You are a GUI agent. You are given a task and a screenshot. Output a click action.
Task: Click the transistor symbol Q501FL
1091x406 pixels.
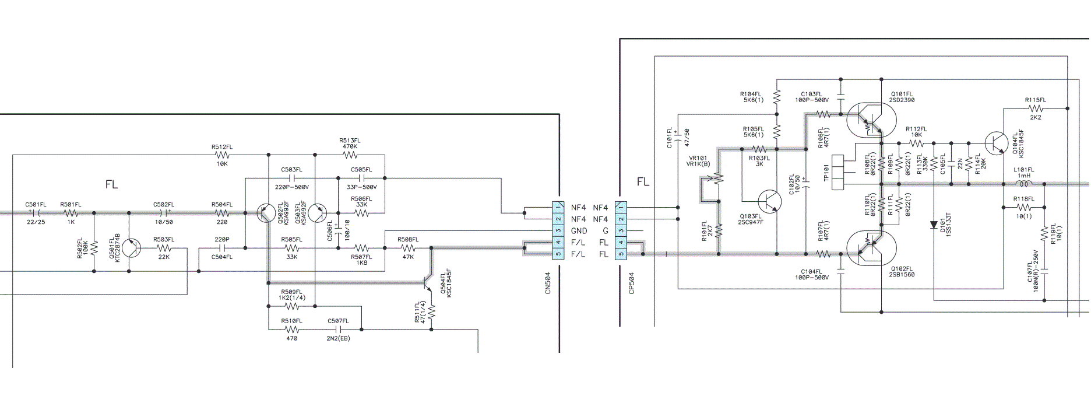132,248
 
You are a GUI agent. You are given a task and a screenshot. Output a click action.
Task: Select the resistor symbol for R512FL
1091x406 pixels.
222,155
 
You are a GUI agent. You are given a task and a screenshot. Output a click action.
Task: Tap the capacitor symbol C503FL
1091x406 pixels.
292,178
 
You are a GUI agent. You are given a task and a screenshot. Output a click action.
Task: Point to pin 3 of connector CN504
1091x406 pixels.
558,230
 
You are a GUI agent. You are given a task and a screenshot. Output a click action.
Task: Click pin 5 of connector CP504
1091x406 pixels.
621,254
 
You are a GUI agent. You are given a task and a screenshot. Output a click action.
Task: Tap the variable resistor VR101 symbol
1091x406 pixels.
718,178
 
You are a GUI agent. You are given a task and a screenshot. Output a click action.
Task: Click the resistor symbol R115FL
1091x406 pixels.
1036,108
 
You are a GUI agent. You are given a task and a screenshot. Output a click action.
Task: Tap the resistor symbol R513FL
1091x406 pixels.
350,155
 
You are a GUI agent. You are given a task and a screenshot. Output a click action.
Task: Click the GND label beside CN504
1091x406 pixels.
579,231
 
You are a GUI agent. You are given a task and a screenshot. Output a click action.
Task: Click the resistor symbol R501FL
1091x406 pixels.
71,213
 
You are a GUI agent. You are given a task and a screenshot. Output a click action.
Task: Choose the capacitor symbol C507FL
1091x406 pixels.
339,330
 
